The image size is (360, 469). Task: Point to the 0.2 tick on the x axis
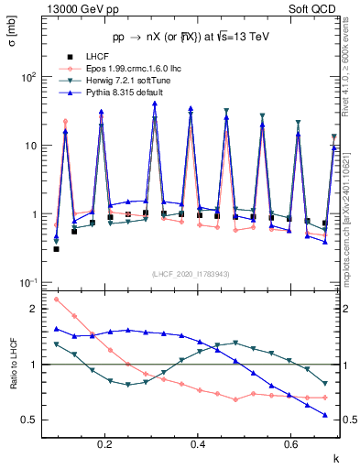[105, 445]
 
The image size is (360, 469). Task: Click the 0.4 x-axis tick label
[198, 445]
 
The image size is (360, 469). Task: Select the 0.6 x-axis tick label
[291, 445]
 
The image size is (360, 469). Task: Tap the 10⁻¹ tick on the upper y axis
[27, 282]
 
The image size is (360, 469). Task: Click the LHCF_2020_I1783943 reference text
[191, 274]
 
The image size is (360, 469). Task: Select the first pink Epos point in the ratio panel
[57, 299]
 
